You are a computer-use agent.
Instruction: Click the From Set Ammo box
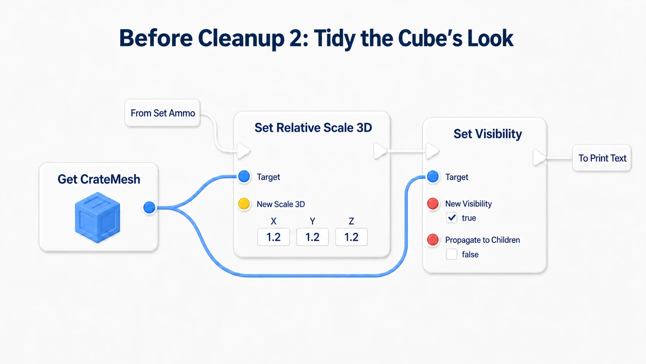point(162,113)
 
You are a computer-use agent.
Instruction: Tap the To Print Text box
point(602,158)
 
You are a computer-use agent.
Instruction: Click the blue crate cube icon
point(97,217)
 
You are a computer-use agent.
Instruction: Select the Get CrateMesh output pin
point(150,207)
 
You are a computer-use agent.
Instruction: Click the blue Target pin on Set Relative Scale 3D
point(244,176)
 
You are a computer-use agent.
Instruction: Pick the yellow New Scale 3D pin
point(244,204)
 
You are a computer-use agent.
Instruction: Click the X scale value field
point(274,237)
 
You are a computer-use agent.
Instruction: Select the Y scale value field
point(312,237)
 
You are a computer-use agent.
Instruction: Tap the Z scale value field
point(351,237)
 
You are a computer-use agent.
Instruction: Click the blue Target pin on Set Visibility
point(433,176)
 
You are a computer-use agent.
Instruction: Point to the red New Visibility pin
point(433,203)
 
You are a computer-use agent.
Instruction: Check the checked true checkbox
point(452,218)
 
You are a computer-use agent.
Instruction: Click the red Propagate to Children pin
point(433,239)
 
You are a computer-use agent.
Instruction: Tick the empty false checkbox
point(452,254)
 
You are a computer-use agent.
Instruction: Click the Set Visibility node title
point(488,134)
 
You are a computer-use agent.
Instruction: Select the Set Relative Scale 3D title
point(313,128)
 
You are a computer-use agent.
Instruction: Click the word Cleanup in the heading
point(241,39)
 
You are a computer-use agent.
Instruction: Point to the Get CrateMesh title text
point(99,179)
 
